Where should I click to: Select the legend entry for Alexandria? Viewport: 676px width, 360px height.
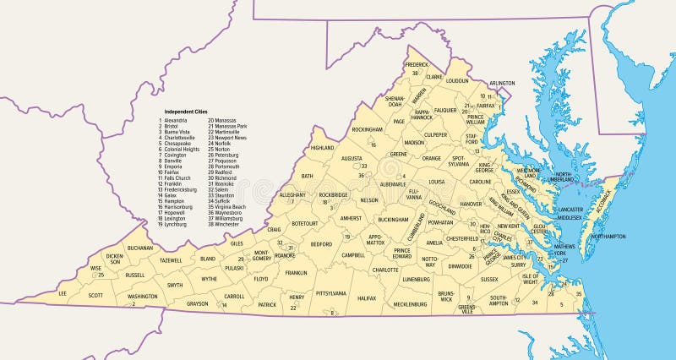tap(174, 121)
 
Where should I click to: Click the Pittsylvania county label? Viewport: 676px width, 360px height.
tap(330, 292)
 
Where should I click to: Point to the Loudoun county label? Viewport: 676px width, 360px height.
tap(456, 81)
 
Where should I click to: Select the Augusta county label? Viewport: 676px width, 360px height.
tap(352, 158)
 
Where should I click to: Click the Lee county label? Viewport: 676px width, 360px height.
tap(62, 293)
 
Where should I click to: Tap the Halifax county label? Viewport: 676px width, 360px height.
tap(367, 298)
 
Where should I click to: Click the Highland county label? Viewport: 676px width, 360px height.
tap(323, 148)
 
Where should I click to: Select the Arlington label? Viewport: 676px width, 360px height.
tap(501, 83)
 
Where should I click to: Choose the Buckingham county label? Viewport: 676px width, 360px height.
tap(393, 220)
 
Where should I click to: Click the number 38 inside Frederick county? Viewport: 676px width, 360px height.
tap(415, 74)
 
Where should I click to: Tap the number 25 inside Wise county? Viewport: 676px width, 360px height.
tap(101, 275)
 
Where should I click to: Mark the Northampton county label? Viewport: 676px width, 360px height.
tap(608, 237)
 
